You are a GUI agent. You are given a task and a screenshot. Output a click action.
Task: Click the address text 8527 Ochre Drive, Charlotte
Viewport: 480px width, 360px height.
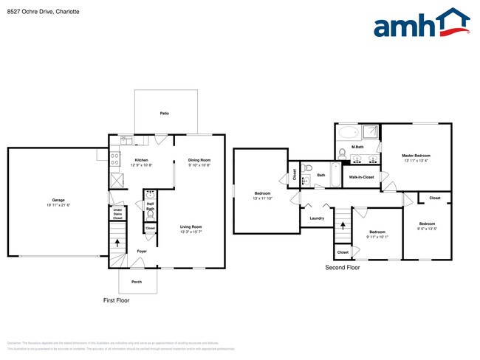tap(44, 13)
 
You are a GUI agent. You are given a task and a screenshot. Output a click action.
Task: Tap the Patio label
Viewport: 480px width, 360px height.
tap(165, 114)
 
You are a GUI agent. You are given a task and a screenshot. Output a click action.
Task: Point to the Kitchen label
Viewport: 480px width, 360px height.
tap(142, 160)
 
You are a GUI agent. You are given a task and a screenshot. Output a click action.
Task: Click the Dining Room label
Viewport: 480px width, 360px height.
tap(199, 160)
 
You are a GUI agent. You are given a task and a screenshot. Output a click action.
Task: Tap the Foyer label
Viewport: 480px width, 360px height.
tap(142, 252)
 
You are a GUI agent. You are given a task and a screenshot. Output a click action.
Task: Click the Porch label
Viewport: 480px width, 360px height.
tap(137, 282)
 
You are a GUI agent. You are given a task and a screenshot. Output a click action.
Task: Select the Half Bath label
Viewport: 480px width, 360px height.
tap(150, 207)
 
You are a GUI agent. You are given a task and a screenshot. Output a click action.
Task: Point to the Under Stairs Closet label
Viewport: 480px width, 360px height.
tap(117, 214)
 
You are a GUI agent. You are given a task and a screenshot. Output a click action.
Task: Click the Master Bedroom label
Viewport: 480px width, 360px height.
tap(416, 156)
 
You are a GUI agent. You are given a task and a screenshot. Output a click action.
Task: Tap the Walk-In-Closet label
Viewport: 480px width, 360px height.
tap(361, 177)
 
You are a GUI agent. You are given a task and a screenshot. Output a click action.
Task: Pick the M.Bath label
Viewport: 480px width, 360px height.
tap(357, 148)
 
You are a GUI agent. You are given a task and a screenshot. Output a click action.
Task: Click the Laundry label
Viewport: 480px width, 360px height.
tap(317, 218)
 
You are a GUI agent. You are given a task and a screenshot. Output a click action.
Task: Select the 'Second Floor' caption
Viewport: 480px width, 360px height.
tap(343, 268)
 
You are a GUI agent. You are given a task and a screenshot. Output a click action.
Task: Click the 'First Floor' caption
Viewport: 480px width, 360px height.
tap(116, 301)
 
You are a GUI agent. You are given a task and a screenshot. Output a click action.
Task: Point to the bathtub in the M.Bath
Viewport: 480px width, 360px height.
tap(348, 134)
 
